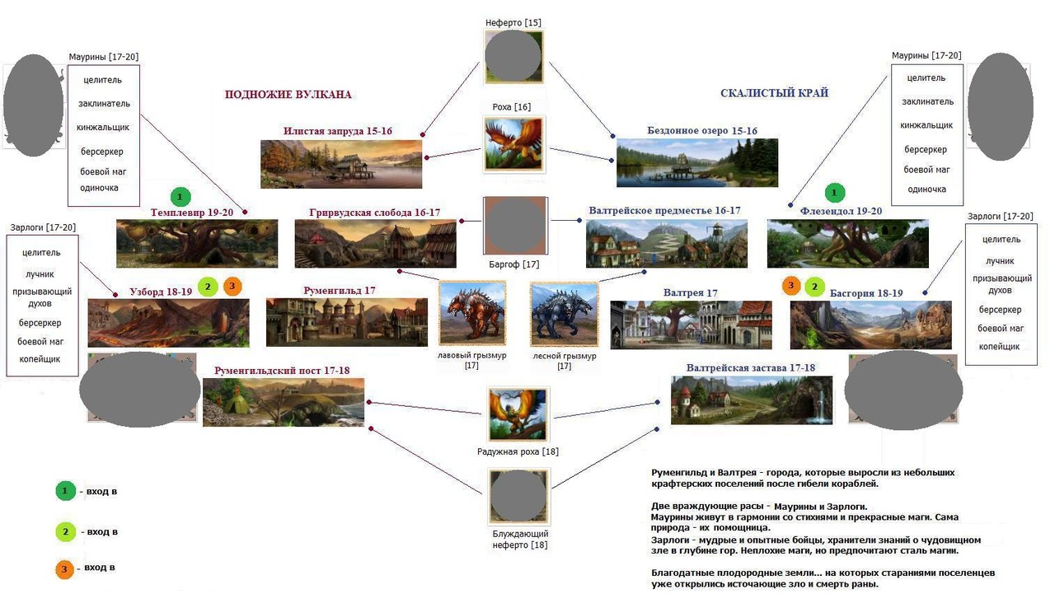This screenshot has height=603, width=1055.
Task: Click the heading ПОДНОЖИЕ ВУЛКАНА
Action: pyautogui.click(x=288, y=95)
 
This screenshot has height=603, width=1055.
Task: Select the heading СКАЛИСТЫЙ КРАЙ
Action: pyautogui.click(x=774, y=93)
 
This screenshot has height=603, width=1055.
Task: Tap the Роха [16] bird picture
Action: pyautogui.click(x=513, y=144)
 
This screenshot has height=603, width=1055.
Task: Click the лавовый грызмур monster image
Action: pyautogui.click(x=472, y=314)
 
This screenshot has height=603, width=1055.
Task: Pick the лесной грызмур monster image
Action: pyautogui.click(x=565, y=315)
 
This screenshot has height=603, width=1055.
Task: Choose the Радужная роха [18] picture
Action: pyautogui.click(x=518, y=414)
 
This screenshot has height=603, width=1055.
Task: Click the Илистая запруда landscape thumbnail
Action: pyautogui.click(x=341, y=164)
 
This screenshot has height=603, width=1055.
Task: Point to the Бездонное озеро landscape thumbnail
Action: pyautogui.click(x=697, y=162)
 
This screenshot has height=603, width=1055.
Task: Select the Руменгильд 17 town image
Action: pyautogui.click(x=347, y=322)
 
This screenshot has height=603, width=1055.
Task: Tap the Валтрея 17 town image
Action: pyautogui.click(x=691, y=325)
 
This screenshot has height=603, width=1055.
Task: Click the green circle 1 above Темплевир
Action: pyautogui.click(x=180, y=197)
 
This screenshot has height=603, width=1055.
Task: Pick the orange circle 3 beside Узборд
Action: pyautogui.click(x=232, y=286)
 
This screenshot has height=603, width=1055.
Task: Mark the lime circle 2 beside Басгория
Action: pyautogui.click(x=814, y=287)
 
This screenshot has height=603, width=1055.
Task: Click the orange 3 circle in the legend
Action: pyautogui.click(x=64, y=569)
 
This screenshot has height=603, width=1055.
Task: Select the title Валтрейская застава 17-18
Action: pyautogui.click(x=750, y=368)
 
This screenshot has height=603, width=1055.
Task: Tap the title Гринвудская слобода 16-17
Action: pyautogui.click(x=374, y=213)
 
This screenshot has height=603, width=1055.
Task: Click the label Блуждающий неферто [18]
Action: pyautogui.click(x=520, y=540)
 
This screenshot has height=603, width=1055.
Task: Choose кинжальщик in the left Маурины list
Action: pyautogui.click(x=103, y=128)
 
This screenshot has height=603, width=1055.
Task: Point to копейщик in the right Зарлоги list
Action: pyautogui.click(x=998, y=347)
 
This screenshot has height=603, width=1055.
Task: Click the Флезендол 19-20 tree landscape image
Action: pyautogui.click(x=848, y=243)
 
